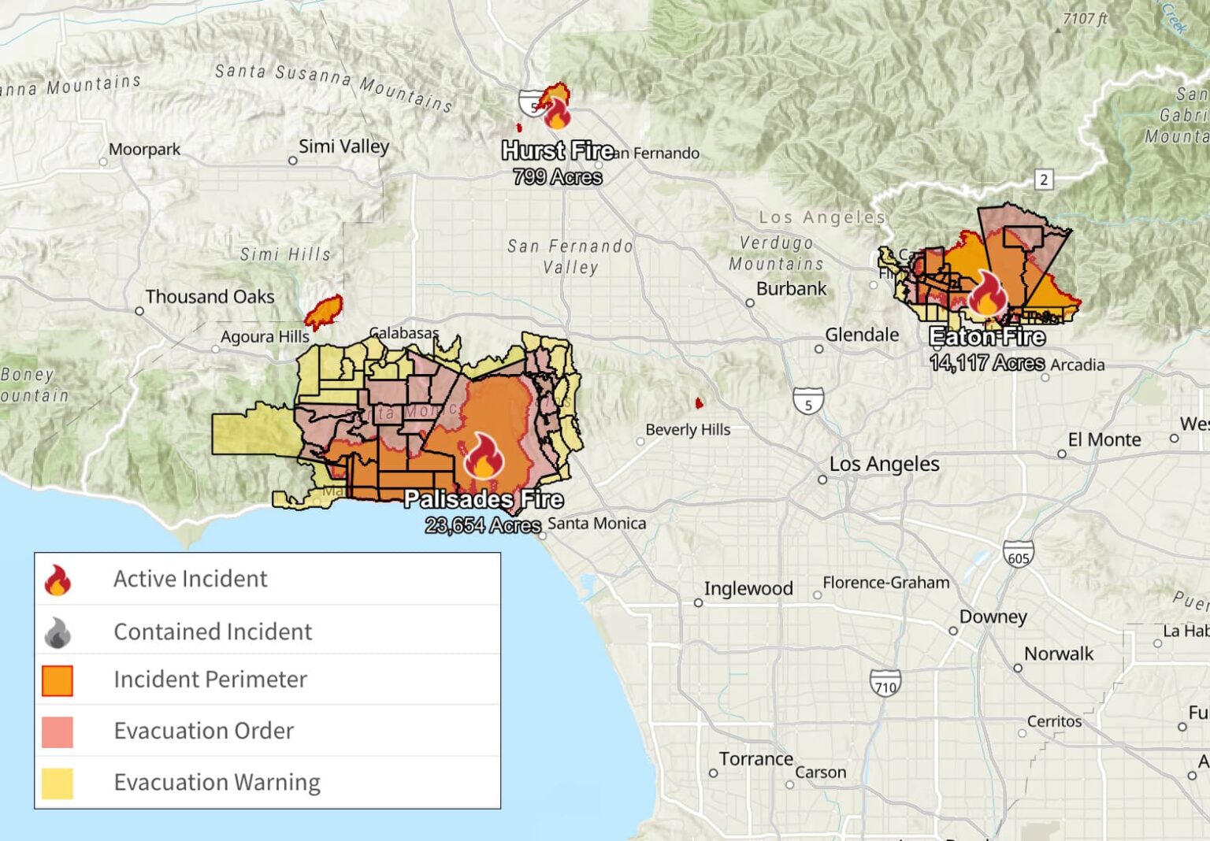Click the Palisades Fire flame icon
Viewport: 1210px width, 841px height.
pyautogui.click(x=484, y=456)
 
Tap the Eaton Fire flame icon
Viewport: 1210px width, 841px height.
pyautogui.click(x=986, y=294)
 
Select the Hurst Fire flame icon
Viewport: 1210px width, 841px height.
pyautogui.click(x=557, y=113)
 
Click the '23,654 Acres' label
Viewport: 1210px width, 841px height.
pyautogui.click(x=483, y=525)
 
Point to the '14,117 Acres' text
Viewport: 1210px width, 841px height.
pyautogui.click(x=986, y=363)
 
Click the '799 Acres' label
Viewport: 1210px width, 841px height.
pyautogui.click(x=558, y=177)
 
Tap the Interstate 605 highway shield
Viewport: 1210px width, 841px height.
pyautogui.click(x=1018, y=555)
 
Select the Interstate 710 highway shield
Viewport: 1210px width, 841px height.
pyautogui.click(x=885, y=684)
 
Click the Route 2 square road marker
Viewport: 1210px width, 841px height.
pyautogui.click(x=1044, y=180)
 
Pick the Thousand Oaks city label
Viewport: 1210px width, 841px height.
pyautogui.click(x=210, y=297)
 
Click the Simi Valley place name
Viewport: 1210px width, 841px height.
pyautogui.click(x=343, y=146)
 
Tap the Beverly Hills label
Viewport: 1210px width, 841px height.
pyautogui.click(x=688, y=430)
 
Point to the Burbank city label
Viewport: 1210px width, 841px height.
pyautogui.click(x=791, y=289)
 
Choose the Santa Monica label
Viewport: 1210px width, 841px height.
pyautogui.click(x=596, y=524)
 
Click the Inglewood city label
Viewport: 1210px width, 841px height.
pyautogui.click(x=748, y=589)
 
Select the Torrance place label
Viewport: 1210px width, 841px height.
pyautogui.click(x=755, y=759)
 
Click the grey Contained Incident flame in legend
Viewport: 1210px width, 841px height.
pyautogui.click(x=58, y=632)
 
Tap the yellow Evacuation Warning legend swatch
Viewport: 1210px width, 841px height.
pyautogui.click(x=58, y=784)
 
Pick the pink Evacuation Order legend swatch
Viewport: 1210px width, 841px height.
pyautogui.click(x=58, y=732)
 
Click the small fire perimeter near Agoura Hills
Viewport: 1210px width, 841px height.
pyautogui.click(x=324, y=312)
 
